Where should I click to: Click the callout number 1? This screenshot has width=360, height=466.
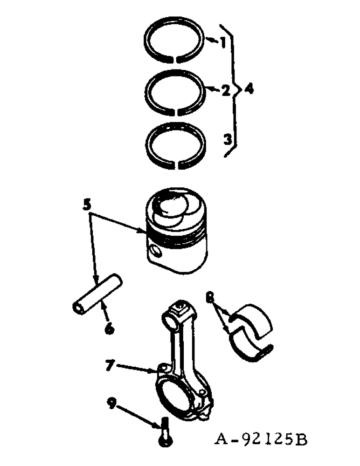click(223, 43)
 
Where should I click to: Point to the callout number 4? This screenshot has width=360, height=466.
click(249, 89)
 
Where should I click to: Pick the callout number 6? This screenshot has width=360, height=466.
click(109, 329)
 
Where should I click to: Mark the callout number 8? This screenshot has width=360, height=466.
click(210, 295)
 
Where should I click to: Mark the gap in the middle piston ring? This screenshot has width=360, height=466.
click(176, 111)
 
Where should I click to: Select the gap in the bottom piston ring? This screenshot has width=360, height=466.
click(176, 164)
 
